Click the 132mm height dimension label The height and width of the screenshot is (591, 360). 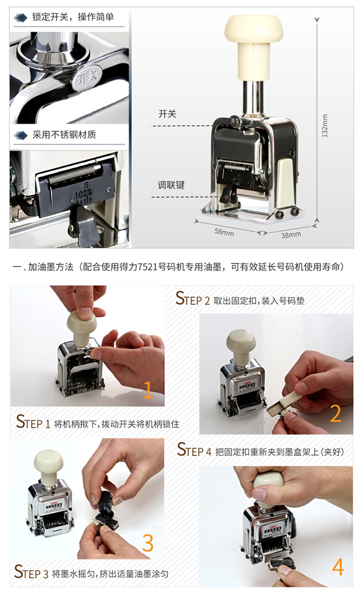coord(325,125)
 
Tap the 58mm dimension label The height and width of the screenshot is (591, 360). coord(224,232)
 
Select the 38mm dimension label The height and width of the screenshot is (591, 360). coord(291,235)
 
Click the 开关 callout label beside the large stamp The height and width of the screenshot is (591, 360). coord(167,114)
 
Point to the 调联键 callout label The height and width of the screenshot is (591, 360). coord(171,185)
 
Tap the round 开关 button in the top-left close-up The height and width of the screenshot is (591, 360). coord(87,78)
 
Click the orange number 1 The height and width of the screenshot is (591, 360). coord(148,390)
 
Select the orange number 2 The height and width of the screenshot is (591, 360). coord(336,413)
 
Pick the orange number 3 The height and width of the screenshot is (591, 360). coord(147,543)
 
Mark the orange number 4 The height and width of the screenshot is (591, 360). coord(338,567)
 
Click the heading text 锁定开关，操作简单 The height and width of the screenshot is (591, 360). coord(73,17)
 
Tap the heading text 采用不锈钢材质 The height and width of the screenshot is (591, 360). coord(64,135)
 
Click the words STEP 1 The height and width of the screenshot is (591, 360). coord(33,421)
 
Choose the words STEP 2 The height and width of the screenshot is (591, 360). coord(193,298)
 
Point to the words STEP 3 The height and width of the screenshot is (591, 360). coord(31,572)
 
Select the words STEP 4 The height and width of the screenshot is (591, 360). coord(195,450)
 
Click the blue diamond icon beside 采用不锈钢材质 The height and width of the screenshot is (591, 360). coord(21,135)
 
